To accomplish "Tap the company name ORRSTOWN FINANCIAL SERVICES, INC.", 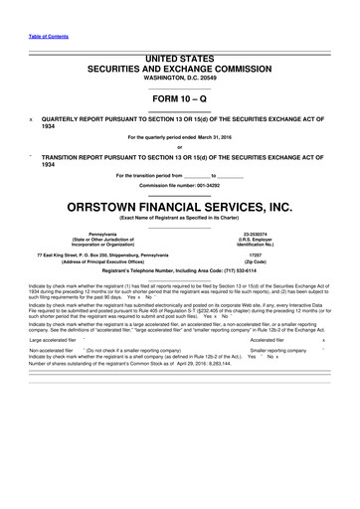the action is coord(180,207).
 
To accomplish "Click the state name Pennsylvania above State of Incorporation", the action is coord(102,234).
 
